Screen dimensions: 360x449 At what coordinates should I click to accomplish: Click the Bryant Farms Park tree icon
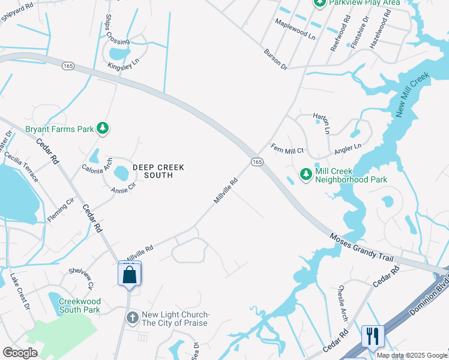(103, 128)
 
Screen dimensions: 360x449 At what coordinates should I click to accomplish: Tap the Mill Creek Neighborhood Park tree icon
(306, 174)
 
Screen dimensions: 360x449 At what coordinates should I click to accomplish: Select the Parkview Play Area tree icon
(320, 3)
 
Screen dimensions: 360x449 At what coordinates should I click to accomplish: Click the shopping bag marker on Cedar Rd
(129, 275)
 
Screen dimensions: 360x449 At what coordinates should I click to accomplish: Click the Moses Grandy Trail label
(361, 247)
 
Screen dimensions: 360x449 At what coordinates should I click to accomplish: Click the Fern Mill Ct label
(288, 148)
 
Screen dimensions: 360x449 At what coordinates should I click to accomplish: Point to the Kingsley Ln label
(124, 61)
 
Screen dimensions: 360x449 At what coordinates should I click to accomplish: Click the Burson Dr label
(276, 59)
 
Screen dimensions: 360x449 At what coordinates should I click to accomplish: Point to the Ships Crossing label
(117, 30)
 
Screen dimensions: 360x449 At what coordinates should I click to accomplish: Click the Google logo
(20, 353)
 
